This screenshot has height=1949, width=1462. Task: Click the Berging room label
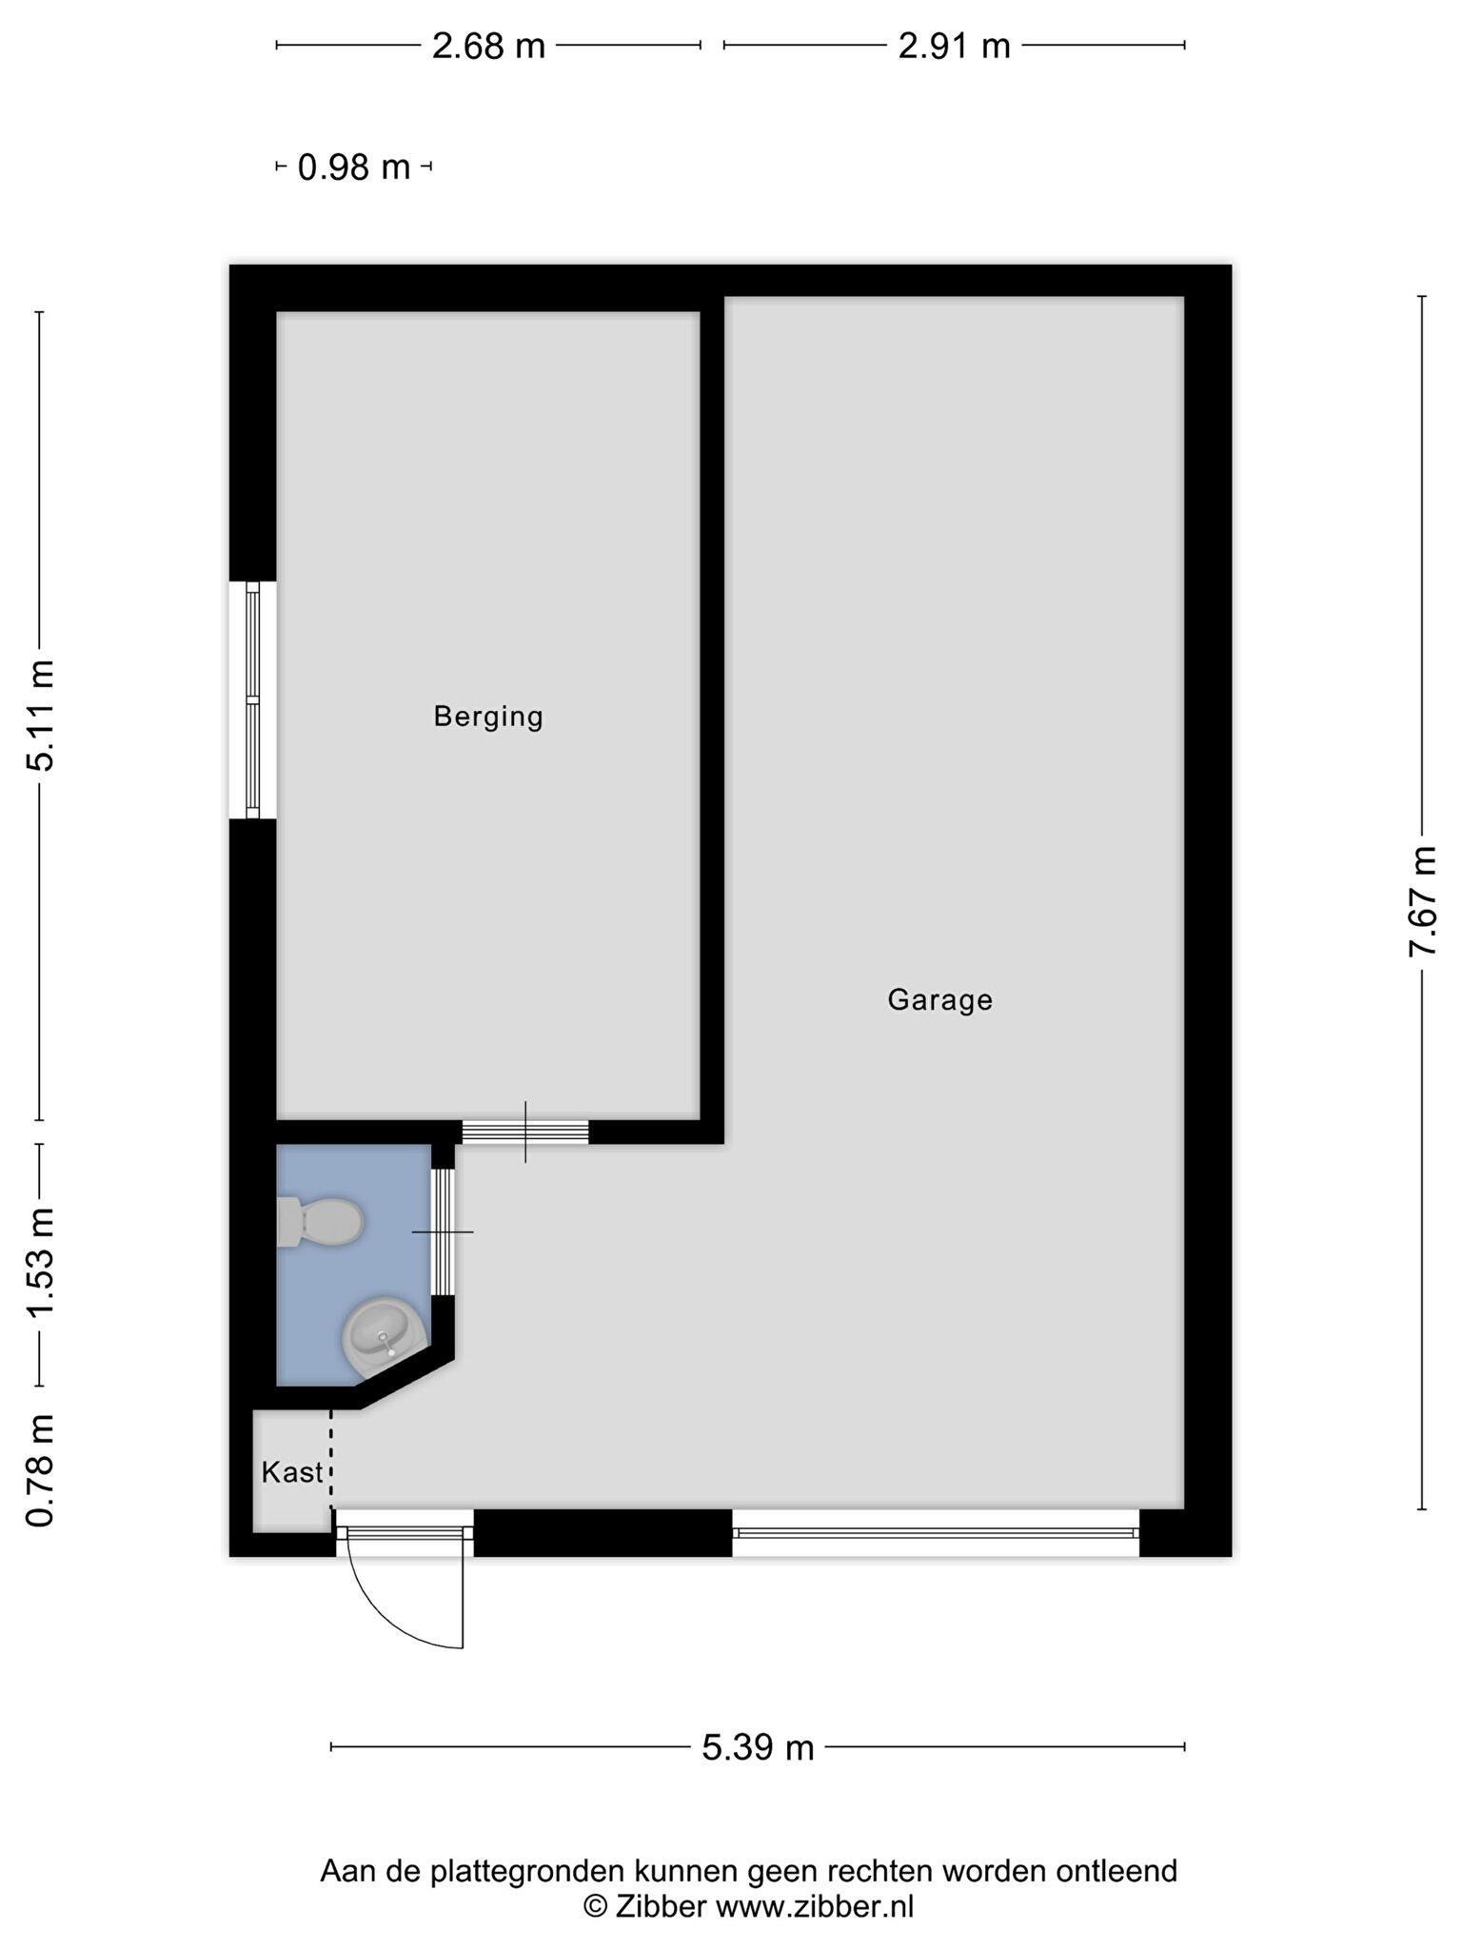pos(488,717)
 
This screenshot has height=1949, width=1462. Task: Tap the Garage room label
pos(940,1000)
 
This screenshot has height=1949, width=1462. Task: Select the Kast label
pos(292,1473)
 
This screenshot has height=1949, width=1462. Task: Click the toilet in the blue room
pos(320,1222)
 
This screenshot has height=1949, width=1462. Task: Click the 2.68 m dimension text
pos(488,46)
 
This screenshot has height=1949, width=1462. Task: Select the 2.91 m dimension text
pos(954,46)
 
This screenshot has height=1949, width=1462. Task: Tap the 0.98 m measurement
pos(354,167)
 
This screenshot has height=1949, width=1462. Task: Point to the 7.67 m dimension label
pos(1423,902)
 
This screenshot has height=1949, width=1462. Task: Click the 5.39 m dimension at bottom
pos(759,1747)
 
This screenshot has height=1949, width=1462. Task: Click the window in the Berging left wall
pos(252,700)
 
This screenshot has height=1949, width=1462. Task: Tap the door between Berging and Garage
pos(525,1132)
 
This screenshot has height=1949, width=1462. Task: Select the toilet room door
pos(443,1231)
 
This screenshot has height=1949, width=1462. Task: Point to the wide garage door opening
pos(936,1533)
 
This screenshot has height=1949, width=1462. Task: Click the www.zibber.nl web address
pos(815,1906)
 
